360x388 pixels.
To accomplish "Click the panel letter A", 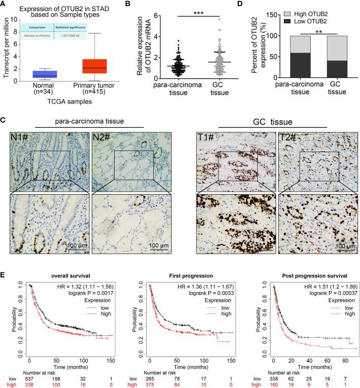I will [x=5, y=5].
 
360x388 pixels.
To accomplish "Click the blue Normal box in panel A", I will [x=44, y=75].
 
